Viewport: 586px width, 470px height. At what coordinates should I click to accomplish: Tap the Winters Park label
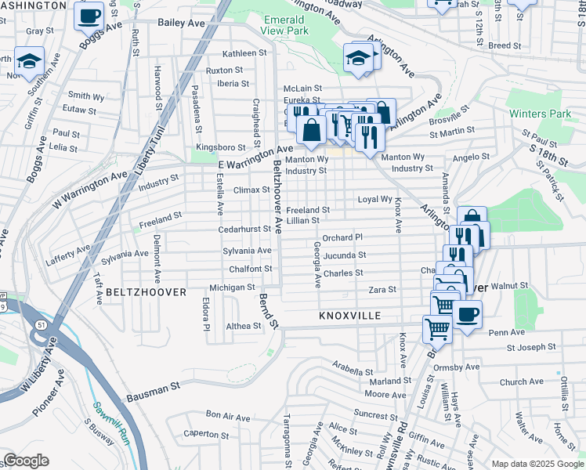point(540,114)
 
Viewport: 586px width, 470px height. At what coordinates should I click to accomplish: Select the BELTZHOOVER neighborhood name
point(146,292)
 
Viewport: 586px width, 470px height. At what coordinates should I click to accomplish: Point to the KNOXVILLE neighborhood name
point(349,316)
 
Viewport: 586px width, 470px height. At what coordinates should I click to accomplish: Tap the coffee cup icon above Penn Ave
point(467,314)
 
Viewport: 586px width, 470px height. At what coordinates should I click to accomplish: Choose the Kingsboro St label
point(221,146)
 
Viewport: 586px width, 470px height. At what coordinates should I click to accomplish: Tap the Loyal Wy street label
point(374,199)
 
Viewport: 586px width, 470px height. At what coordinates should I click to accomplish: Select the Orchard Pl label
point(342,237)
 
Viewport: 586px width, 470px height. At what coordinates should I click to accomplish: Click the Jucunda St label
point(345,255)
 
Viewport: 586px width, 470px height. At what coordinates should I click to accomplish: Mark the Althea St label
point(243,325)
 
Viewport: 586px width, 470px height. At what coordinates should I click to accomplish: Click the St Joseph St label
point(531,346)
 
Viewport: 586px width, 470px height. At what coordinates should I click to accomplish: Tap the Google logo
point(26,461)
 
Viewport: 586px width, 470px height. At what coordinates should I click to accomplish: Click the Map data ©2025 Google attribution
point(537,464)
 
